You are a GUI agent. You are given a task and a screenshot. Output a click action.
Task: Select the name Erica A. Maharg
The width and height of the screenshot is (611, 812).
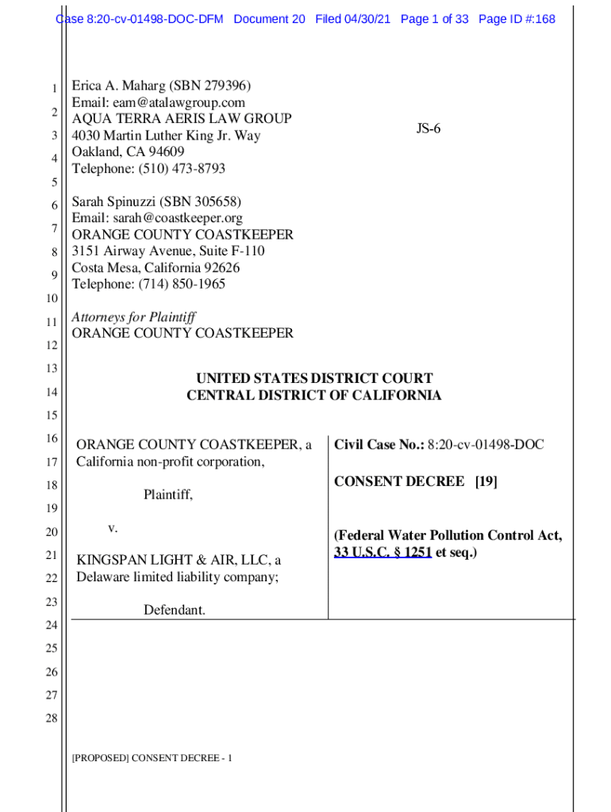click(118, 86)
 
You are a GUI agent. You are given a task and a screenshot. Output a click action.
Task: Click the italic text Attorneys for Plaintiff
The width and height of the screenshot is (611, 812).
click(134, 317)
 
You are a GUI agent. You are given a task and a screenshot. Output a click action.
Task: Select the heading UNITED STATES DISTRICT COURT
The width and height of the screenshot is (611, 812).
click(314, 379)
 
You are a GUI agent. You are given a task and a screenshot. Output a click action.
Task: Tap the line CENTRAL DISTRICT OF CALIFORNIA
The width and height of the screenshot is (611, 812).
click(314, 395)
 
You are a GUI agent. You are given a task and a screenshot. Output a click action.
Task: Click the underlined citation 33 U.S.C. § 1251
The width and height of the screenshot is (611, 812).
click(382, 552)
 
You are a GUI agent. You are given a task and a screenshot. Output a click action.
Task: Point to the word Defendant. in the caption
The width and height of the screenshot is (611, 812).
click(175, 610)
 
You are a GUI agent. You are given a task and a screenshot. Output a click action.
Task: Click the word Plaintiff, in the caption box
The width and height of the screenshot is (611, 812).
click(168, 495)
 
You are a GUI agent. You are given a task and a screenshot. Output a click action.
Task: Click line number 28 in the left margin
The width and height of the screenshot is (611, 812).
click(52, 719)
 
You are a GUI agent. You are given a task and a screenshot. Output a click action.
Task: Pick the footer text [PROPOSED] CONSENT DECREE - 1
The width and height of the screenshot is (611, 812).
click(152, 759)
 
